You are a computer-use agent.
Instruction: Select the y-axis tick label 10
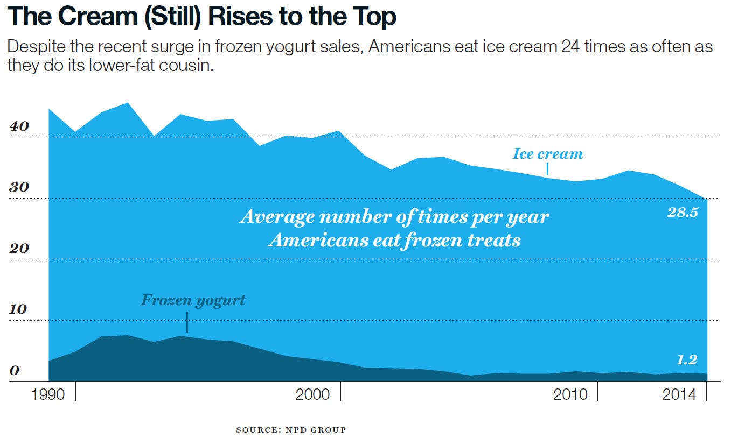click(x=18, y=310)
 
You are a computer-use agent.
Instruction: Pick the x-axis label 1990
click(x=48, y=394)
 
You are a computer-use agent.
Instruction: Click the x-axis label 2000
click(x=312, y=394)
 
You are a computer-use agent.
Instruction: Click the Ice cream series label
click(x=547, y=154)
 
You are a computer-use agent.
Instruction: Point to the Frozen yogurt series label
click(x=193, y=300)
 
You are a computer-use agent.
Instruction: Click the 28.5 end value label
click(x=682, y=213)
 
